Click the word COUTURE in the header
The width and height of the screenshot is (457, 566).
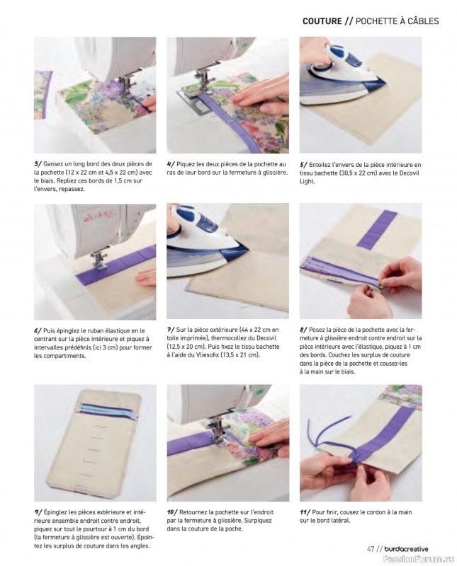[322, 21]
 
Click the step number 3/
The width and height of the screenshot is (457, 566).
[38, 164]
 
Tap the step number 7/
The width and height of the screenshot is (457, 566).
[171, 330]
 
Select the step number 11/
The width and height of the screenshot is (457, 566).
[305, 512]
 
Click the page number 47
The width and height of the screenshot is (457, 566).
[371, 549]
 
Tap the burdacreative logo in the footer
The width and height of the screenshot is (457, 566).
[406, 549]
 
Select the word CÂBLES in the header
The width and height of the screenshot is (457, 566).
[423, 21]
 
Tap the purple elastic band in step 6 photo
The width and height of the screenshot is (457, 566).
[116, 261]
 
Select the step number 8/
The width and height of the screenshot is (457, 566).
[304, 330]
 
